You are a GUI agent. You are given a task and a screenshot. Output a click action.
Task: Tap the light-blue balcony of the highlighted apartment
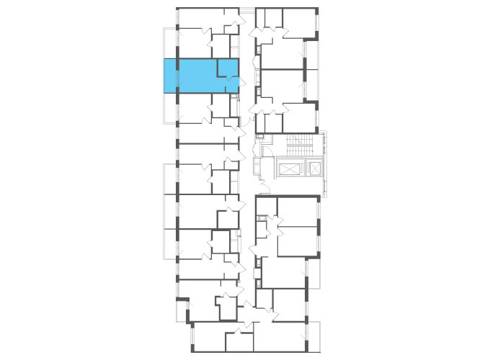tap(170, 76)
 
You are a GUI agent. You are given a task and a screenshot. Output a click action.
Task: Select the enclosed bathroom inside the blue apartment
tap(228, 68)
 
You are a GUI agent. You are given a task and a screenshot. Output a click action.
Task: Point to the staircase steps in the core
tap(297, 143)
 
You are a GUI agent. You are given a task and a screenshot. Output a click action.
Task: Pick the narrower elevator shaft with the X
tap(314, 168)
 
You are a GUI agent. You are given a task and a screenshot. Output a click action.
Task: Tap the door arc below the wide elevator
tap(265, 189)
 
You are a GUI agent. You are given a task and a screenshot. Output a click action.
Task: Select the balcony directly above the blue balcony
tap(170, 43)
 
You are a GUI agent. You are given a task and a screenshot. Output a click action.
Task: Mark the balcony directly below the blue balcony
tap(170, 108)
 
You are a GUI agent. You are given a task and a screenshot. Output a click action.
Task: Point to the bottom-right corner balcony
tap(313, 336)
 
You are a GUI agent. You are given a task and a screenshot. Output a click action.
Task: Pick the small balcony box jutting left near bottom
tap(182, 310)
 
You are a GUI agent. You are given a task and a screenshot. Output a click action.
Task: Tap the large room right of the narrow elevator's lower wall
tap(297, 212)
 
